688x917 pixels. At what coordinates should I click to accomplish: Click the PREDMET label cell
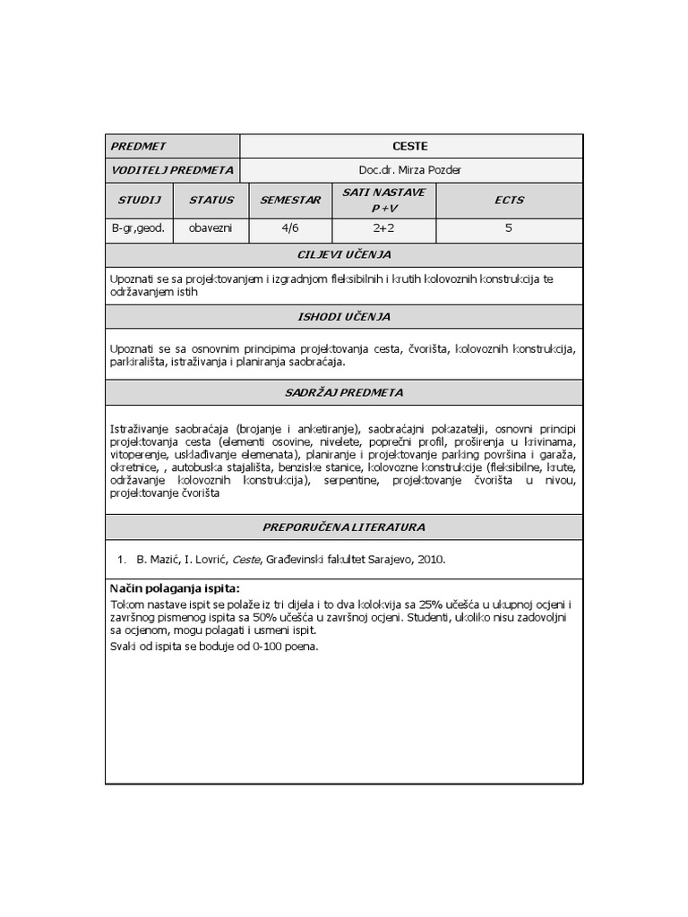point(138,146)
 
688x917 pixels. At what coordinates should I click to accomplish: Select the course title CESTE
point(410,146)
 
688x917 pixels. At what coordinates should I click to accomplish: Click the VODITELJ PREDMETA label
point(172,169)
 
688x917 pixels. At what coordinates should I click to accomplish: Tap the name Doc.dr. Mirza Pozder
point(410,169)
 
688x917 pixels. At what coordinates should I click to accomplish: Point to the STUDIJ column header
point(139,201)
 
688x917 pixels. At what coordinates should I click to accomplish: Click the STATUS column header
point(211,201)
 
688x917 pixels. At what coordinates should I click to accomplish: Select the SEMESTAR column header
point(290,201)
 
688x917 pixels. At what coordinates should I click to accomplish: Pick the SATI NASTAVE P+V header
point(383,201)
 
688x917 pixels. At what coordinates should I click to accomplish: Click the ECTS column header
point(509,201)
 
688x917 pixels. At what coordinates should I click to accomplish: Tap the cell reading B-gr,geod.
point(139,228)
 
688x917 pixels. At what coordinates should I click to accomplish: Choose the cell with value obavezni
point(211,228)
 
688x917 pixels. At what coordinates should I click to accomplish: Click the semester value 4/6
point(290,228)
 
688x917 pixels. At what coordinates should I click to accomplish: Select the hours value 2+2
point(383,228)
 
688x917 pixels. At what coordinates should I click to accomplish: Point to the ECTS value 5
point(509,228)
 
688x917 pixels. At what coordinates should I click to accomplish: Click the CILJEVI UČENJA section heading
point(344,254)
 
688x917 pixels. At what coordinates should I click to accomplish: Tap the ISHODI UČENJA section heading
point(344,317)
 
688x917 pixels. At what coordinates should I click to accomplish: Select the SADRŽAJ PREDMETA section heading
point(344,392)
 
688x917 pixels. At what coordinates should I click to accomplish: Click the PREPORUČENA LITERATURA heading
point(344,527)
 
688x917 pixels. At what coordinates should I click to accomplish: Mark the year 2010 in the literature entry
point(428,560)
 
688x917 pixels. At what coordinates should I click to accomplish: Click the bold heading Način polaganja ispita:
point(175,588)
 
